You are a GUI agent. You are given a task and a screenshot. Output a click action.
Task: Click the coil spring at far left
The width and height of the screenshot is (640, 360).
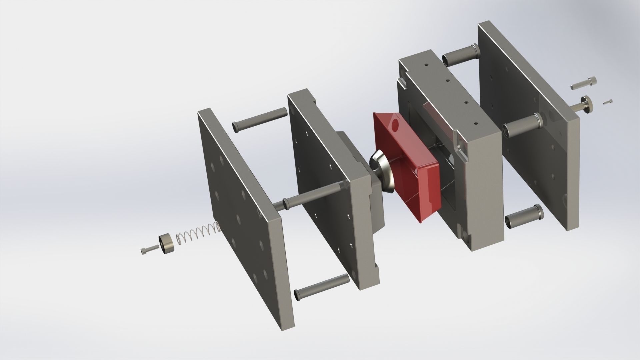pos(198,233)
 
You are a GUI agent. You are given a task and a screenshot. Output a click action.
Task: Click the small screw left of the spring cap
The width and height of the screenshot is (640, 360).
pos(149,249)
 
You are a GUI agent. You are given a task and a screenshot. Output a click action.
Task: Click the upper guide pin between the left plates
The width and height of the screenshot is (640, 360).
pos(259,120)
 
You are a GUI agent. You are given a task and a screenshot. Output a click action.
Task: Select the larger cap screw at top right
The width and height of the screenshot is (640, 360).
pos(583,83)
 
